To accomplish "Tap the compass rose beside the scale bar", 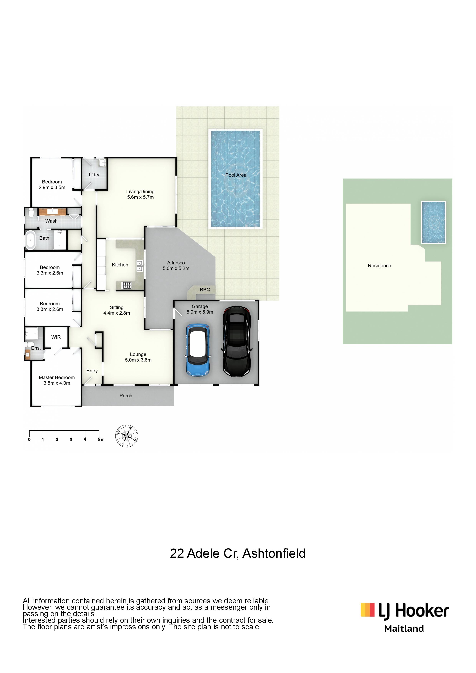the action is pyautogui.click(x=126, y=436).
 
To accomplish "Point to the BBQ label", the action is pyautogui.click(x=205, y=290).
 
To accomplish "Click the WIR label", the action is pyautogui.click(x=56, y=337).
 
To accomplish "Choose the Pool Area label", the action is pyautogui.click(x=236, y=175).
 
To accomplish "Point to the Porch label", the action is pyautogui.click(x=126, y=396).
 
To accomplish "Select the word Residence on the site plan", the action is pyautogui.click(x=379, y=266).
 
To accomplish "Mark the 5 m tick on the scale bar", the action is pyautogui.click(x=99, y=433).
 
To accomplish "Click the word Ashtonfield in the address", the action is pyautogui.click(x=274, y=553).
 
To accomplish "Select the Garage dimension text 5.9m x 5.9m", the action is pyautogui.click(x=200, y=312).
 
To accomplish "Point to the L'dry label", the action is pyautogui.click(x=94, y=175).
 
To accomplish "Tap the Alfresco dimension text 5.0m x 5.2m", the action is pyautogui.click(x=176, y=268).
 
